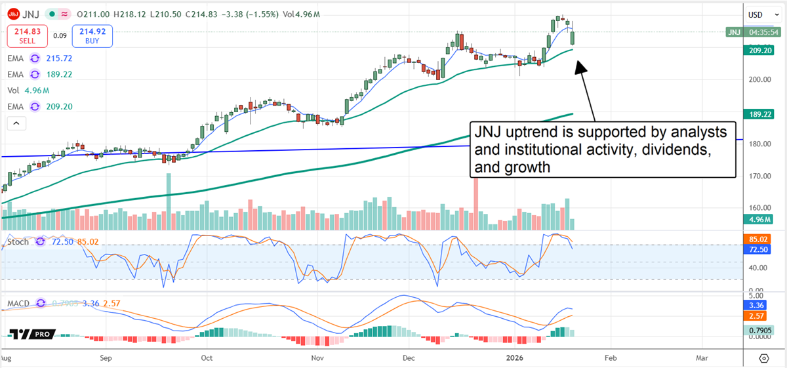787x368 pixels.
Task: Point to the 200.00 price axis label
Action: coord(761,79)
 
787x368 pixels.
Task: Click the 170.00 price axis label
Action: coord(761,176)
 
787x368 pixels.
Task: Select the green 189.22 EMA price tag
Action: coord(763,115)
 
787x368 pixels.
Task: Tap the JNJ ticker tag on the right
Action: coord(734,32)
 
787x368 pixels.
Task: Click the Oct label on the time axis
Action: coord(207,358)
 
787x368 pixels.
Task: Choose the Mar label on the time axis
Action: coord(702,358)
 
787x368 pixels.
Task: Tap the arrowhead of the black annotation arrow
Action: coord(579,66)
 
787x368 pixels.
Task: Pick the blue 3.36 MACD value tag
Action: coord(763,305)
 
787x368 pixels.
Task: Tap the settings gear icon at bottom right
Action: coord(763,358)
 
